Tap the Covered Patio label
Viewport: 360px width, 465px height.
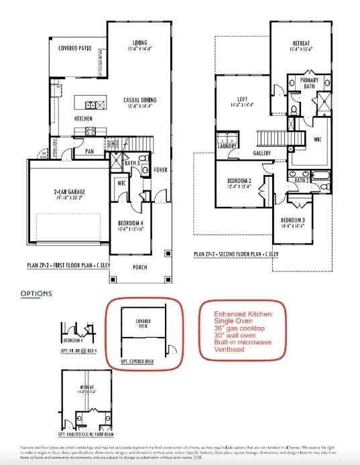74,49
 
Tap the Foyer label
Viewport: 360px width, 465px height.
161,170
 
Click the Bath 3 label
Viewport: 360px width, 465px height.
132,163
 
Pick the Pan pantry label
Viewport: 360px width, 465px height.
88,151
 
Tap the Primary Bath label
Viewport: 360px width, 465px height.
309,83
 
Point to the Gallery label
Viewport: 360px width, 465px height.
261,153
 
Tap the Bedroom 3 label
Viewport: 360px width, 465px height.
292,220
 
